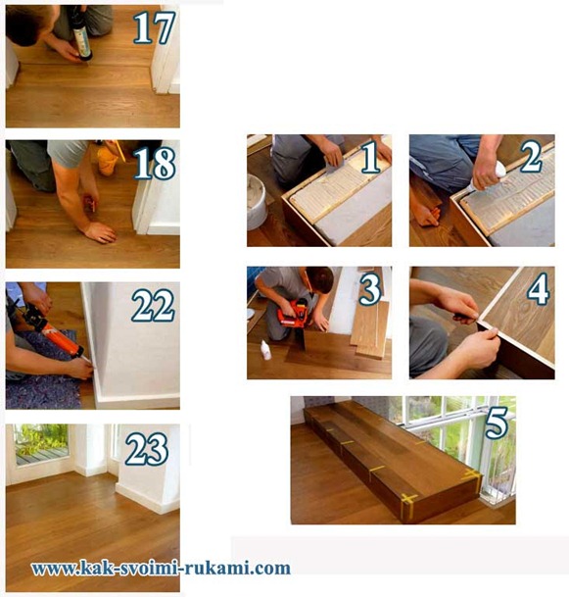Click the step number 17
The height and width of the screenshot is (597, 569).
[x=154, y=27]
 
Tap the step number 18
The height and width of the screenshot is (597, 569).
[x=155, y=164]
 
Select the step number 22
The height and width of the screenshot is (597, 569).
[x=154, y=306]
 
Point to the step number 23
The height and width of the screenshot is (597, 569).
[x=147, y=449]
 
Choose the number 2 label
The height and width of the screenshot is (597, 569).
[x=532, y=157]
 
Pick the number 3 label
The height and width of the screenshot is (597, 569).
[x=369, y=289]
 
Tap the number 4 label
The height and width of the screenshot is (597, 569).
[x=539, y=289]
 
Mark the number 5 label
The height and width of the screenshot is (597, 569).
[x=496, y=423]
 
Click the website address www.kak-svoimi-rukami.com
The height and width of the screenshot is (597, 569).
[x=161, y=568]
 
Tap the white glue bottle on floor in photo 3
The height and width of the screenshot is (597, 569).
[x=265, y=350]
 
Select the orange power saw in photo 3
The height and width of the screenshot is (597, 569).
[x=292, y=313]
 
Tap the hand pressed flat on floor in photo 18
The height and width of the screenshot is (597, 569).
[x=101, y=232]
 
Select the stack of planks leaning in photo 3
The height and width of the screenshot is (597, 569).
[x=370, y=329]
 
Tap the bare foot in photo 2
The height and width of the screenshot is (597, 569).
[x=426, y=215]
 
